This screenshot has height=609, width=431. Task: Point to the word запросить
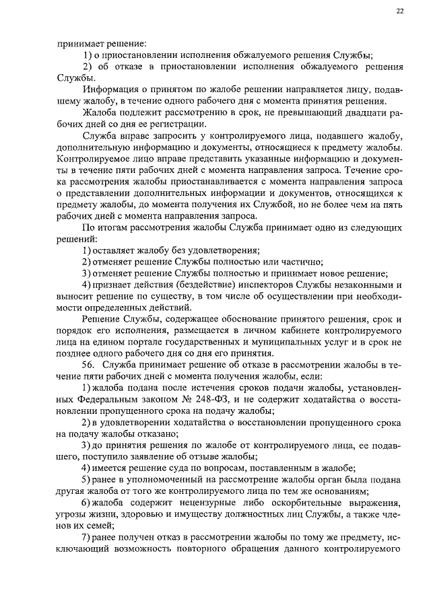pos(175,136)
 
